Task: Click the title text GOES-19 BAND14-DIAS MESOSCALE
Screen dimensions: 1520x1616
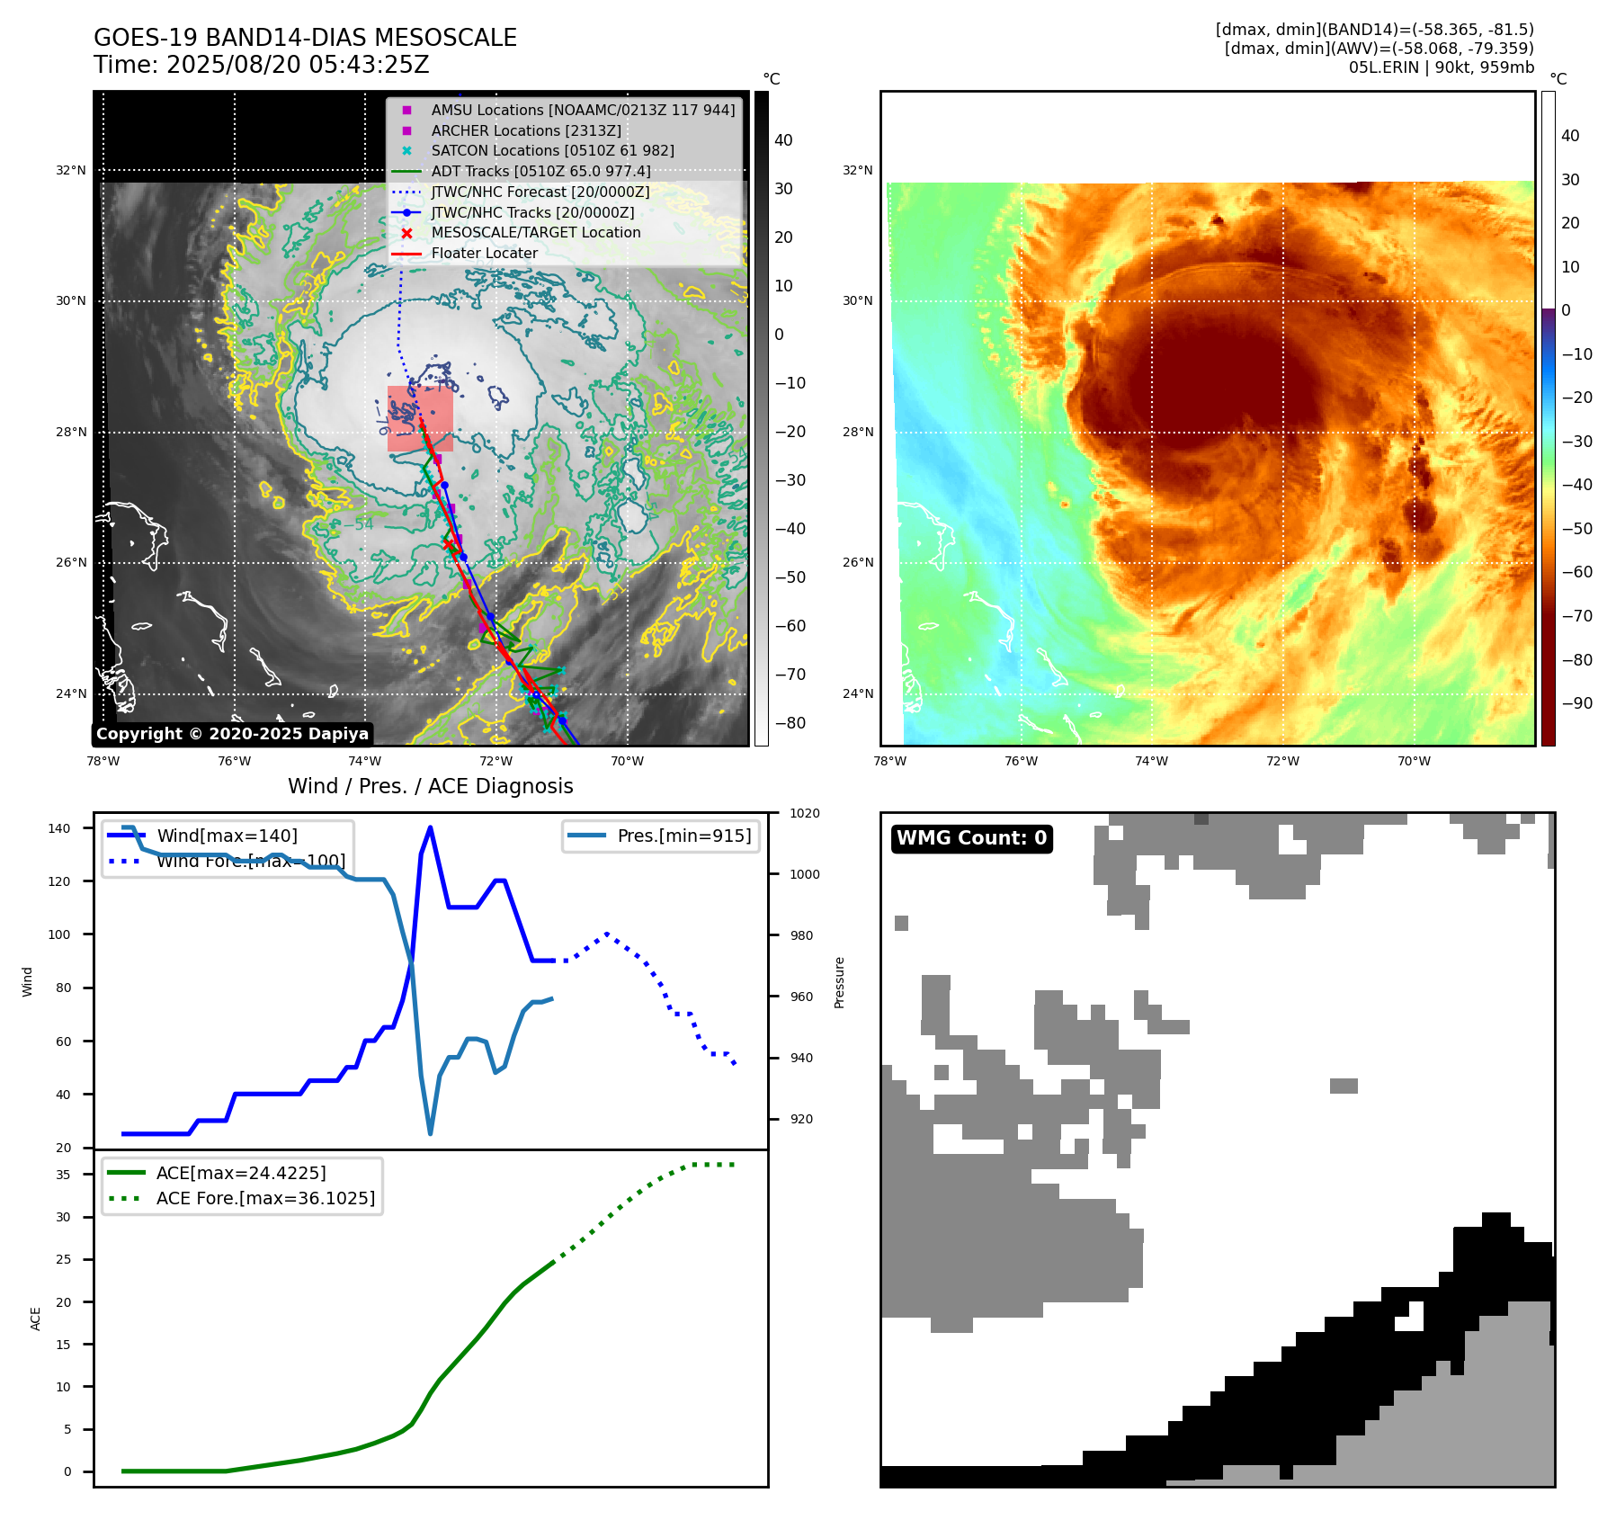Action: (305, 38)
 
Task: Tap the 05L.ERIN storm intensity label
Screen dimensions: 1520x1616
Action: (1441, 67)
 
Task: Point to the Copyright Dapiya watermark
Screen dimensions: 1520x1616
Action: (232, 734)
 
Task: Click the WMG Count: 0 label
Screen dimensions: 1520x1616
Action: (971, 838)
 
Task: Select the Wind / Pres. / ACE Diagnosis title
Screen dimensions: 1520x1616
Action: (430, 786)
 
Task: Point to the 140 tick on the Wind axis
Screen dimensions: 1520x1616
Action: (59, 828)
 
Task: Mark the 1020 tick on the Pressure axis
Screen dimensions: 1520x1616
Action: (804, 813)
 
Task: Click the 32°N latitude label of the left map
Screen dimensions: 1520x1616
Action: (71, 170)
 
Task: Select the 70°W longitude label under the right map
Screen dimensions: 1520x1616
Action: (1413, 761)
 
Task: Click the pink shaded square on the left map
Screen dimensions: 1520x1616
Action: (420, 418)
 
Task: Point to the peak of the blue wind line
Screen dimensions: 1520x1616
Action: (430, 827)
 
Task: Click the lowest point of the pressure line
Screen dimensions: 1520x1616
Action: (430, 1133)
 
